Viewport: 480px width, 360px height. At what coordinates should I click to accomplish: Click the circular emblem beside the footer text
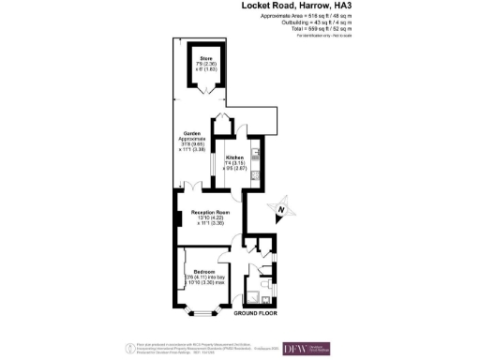(128, 348)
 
